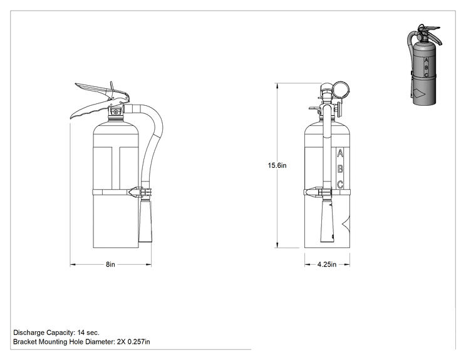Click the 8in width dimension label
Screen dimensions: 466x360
click(110, 264)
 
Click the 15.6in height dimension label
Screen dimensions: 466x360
click(277, 165)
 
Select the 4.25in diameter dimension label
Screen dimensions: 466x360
click(326, 264)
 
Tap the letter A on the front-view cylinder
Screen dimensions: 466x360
click(340, 154)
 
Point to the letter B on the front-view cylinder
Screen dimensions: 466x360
click(340, 169)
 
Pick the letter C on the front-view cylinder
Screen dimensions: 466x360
click(340, 185)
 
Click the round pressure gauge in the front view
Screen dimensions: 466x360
click(340, 90)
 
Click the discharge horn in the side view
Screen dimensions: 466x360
click(145, 221)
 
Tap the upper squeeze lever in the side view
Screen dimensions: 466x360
click(101, 90)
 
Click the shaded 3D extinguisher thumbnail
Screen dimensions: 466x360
click(423, 64)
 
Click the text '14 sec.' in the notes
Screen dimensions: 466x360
click(88, 332)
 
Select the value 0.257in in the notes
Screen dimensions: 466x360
click(139, 342)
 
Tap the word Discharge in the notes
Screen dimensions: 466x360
click(29, 332)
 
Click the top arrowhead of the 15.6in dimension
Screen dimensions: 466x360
click(277, 86)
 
